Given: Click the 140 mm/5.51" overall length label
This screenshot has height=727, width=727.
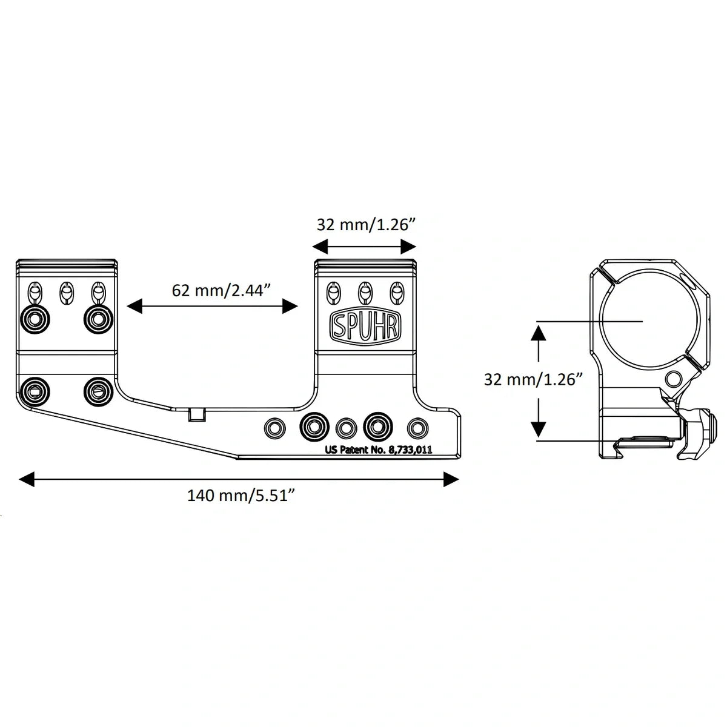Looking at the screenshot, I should coord(241,496).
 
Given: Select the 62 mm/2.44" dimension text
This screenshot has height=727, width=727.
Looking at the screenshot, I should coord(219,290).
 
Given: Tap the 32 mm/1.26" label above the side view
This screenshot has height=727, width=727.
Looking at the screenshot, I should coord(365,225).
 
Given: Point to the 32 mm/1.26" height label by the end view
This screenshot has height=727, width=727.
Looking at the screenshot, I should coord(533,380).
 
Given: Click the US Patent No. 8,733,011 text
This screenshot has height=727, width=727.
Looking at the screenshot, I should coord(378,450).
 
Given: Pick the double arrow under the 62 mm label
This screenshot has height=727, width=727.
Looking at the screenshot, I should coord(213,307).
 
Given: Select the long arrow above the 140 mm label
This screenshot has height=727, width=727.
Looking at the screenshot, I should coord(239,480).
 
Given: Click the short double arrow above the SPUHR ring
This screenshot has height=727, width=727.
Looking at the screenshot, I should coord(364,246).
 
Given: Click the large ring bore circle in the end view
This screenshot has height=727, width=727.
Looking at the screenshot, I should coord(643,320).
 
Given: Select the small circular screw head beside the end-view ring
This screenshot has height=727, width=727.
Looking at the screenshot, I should coord(673,380).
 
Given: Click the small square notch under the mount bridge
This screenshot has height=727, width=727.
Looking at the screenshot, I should coord(197,414).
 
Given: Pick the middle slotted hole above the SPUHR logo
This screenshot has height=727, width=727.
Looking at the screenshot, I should coord(364,292).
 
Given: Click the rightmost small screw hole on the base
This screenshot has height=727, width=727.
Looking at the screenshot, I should coord(416,427).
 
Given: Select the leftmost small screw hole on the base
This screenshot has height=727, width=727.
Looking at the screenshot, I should coord(274,427).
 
